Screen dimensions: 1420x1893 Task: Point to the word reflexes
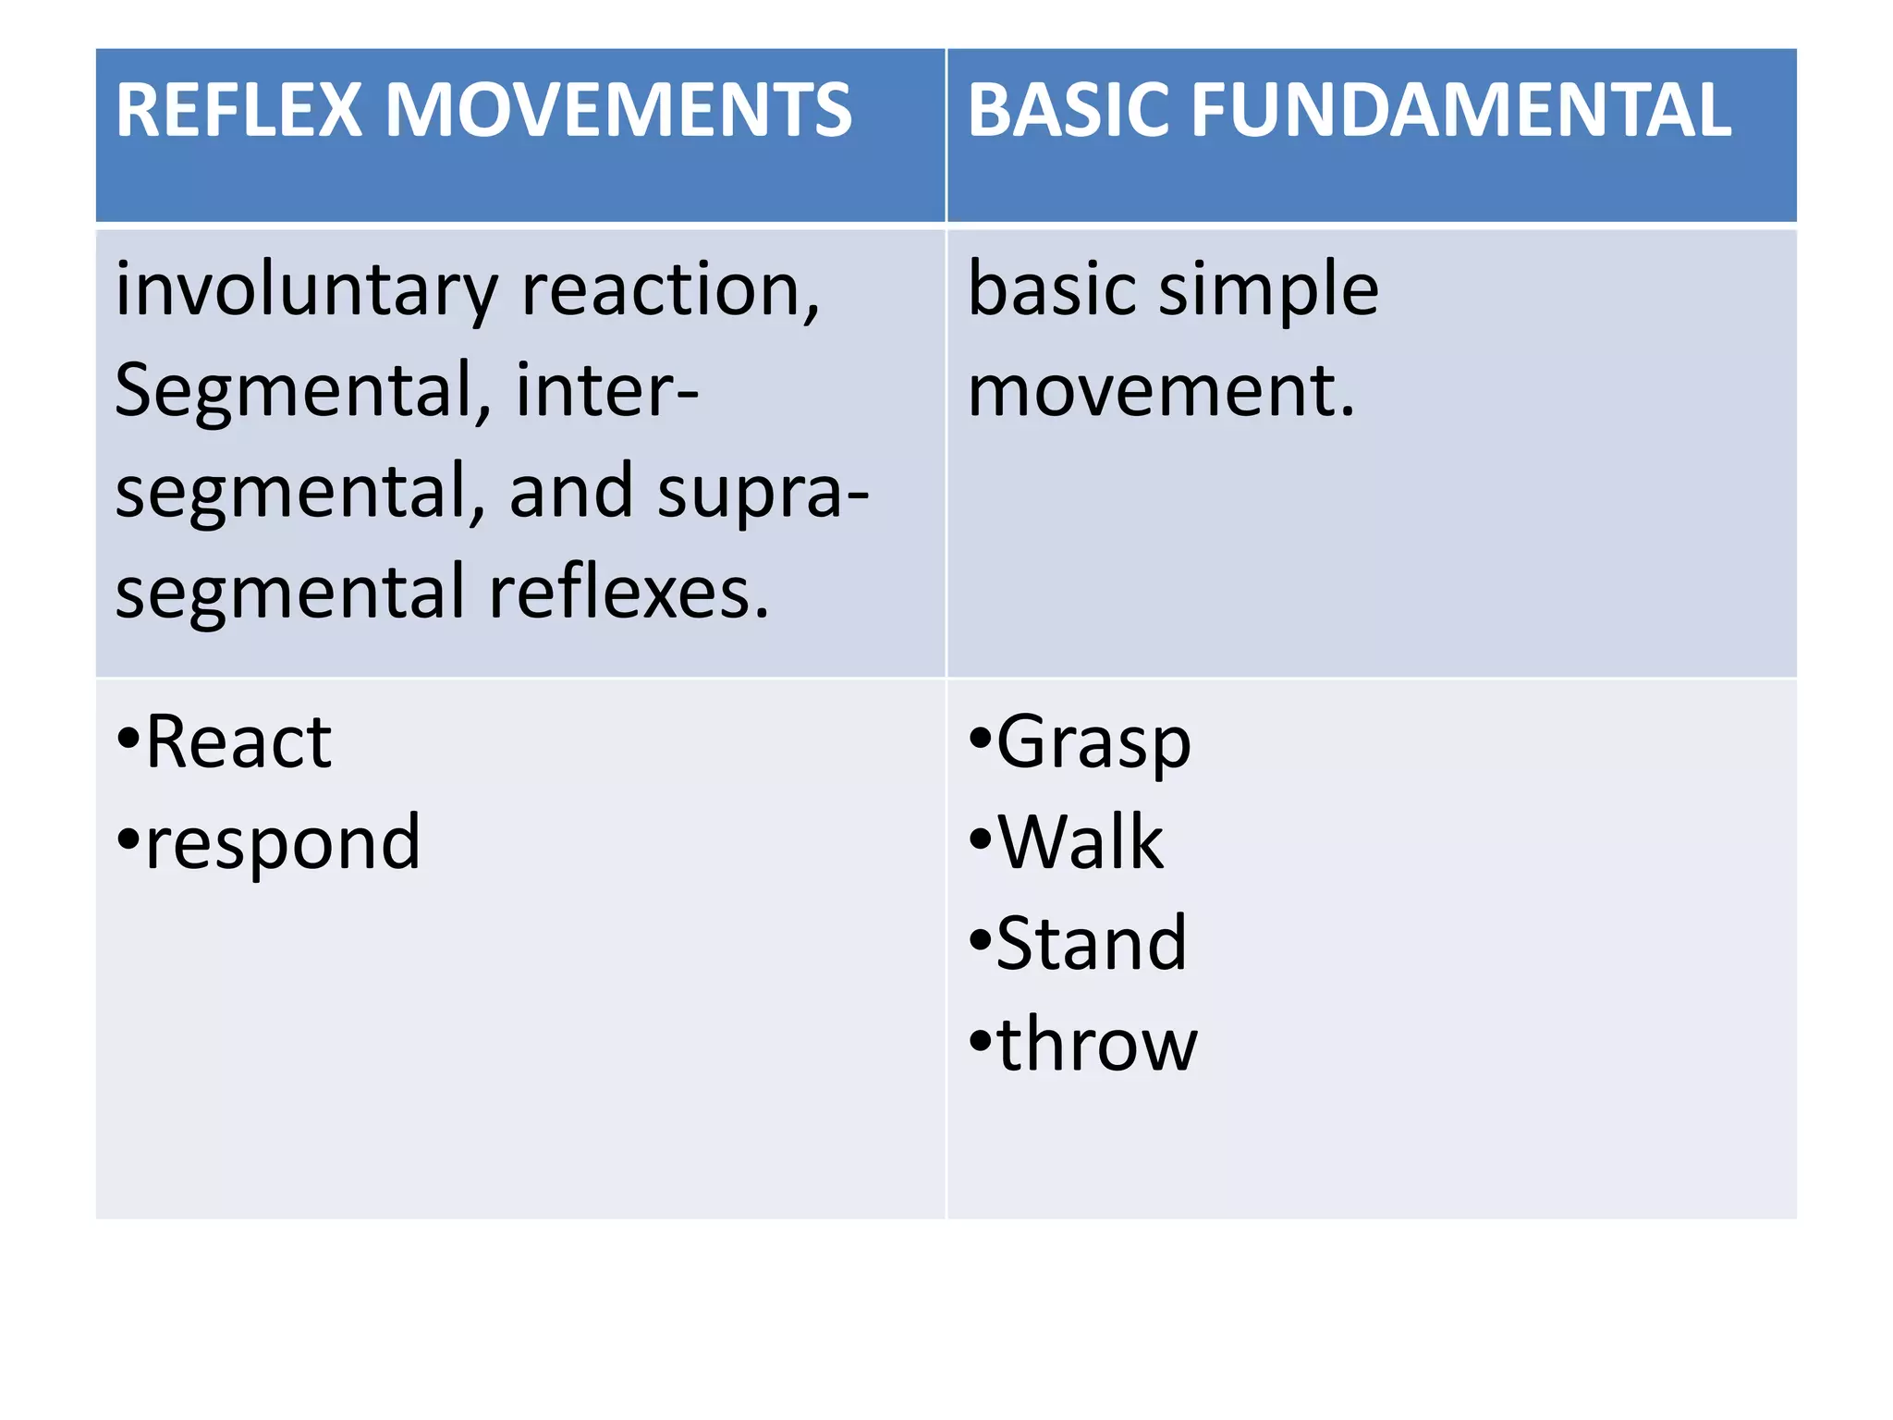pos(629,592)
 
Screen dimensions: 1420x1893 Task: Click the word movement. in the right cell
pos(1161,390)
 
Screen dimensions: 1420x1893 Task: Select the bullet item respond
pos(282,843)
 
